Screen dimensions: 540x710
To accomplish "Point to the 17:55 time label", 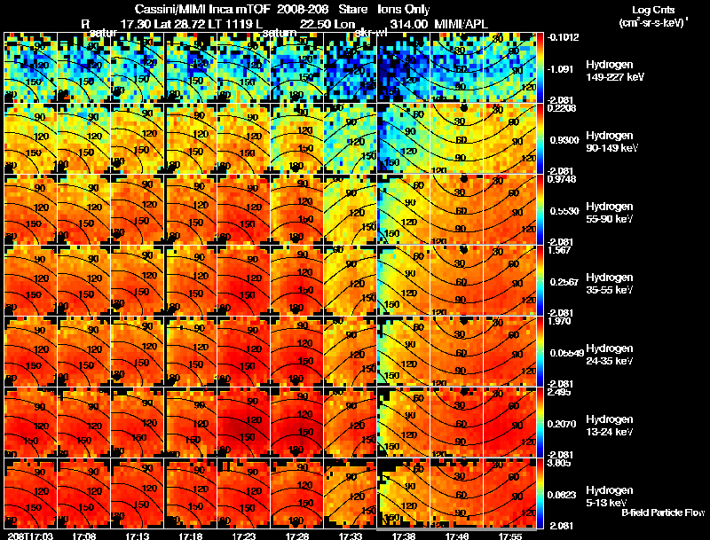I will [509, 536].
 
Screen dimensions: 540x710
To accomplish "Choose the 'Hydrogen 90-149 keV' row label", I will [611, 142].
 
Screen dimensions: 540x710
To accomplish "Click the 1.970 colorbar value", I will [562, 322].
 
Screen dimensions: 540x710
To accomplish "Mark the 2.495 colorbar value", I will [562, 393].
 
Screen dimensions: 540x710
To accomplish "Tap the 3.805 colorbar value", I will [562, 462].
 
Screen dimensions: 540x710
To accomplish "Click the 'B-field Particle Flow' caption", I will [662, 513].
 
